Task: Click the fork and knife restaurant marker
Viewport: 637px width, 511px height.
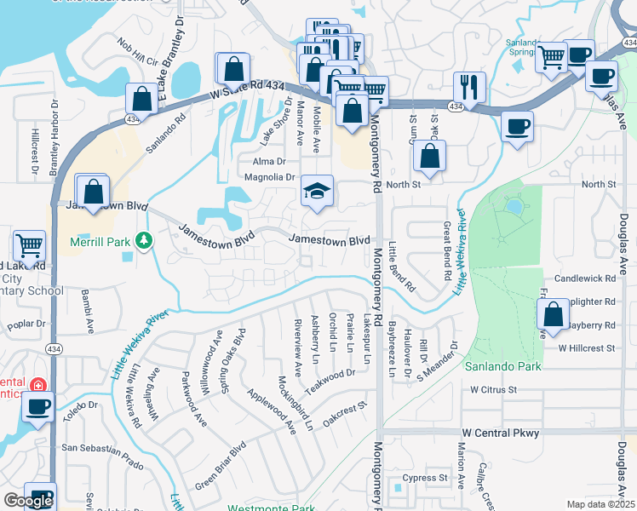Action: [469, 86]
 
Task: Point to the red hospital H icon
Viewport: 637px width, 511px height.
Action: [37, 385]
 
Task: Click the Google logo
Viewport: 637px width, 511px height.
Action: [28, 501]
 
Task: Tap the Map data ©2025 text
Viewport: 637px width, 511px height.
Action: [600, 504]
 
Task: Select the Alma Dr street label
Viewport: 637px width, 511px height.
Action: [268, 161]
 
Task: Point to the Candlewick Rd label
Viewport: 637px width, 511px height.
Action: [584, 278]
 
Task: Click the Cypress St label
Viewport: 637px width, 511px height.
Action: [425, 478]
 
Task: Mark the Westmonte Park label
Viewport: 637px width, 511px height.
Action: [265, 508]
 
